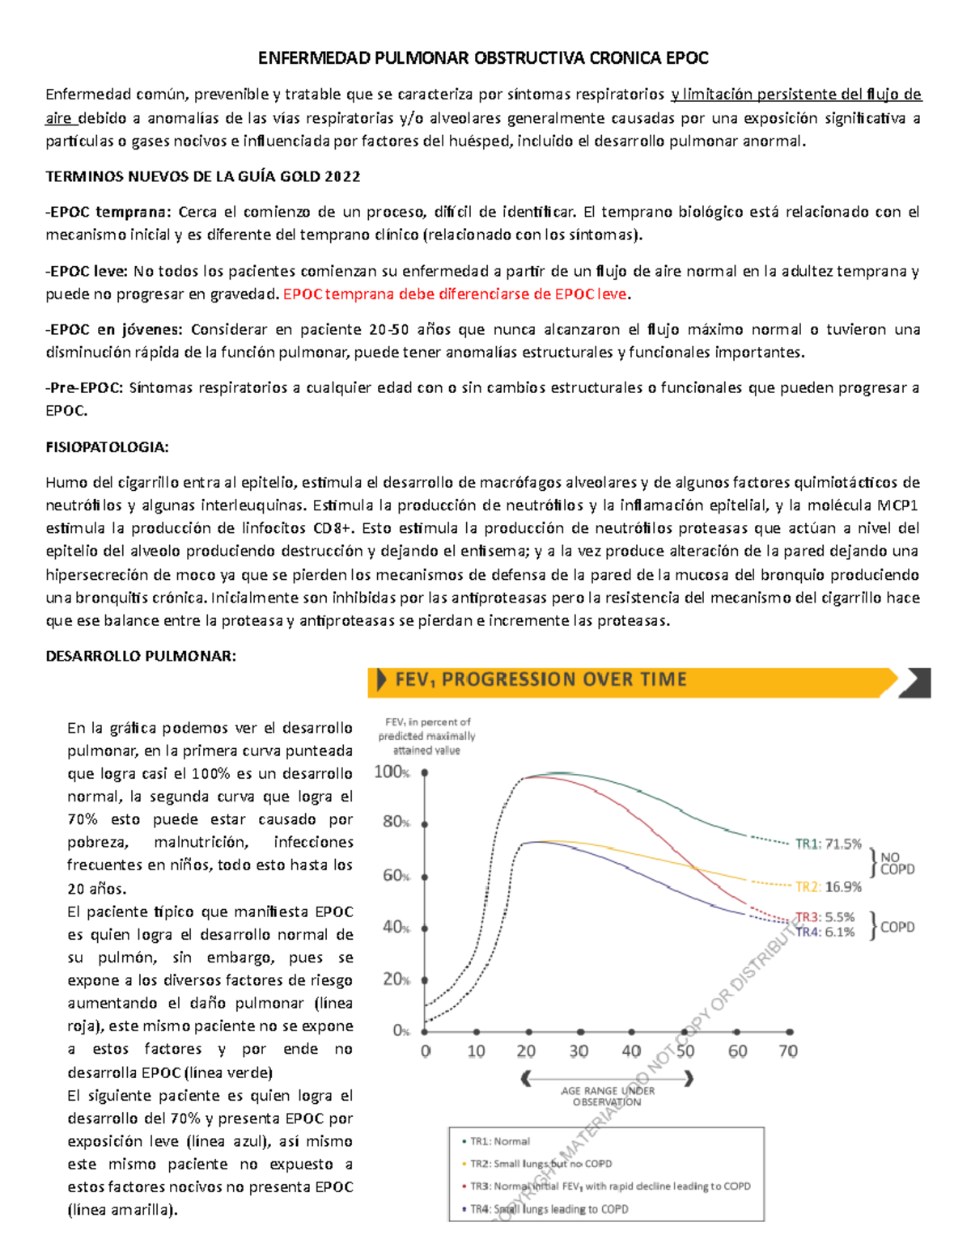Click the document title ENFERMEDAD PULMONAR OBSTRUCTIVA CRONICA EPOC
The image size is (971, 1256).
483,58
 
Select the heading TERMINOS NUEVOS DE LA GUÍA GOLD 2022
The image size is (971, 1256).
202,176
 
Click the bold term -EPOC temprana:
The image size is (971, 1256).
108,212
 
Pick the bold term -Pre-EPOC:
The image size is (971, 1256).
85,387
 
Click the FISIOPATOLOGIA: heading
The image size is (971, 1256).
107,446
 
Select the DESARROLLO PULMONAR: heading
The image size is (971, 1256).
141,656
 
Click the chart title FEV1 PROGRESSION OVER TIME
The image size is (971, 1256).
541,679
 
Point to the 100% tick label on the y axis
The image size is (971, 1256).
392,772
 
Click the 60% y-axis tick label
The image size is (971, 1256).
396,876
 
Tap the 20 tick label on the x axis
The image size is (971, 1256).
526,1051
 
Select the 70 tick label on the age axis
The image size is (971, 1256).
787,1051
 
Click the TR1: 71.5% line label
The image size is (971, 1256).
828,844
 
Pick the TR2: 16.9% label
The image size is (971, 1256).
828,887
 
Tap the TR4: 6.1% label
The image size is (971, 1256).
825,932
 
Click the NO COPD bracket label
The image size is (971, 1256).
897,863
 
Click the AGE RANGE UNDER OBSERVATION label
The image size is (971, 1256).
607,1096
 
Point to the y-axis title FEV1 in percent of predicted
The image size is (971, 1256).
426,736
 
